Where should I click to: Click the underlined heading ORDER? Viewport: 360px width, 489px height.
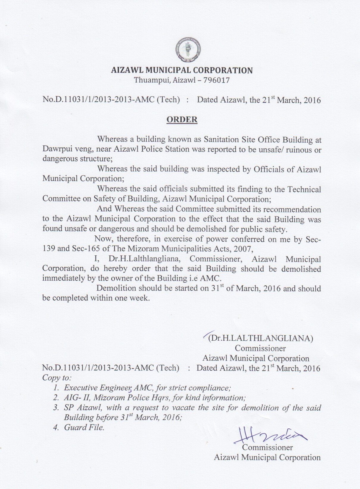click(182, 120)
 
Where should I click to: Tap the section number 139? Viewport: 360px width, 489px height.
click(48, 249)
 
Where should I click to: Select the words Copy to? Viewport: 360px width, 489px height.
click(57, 378)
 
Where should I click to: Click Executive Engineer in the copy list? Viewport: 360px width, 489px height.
click(98, 388)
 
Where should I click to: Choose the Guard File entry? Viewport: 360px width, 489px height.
click(84, 427)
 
